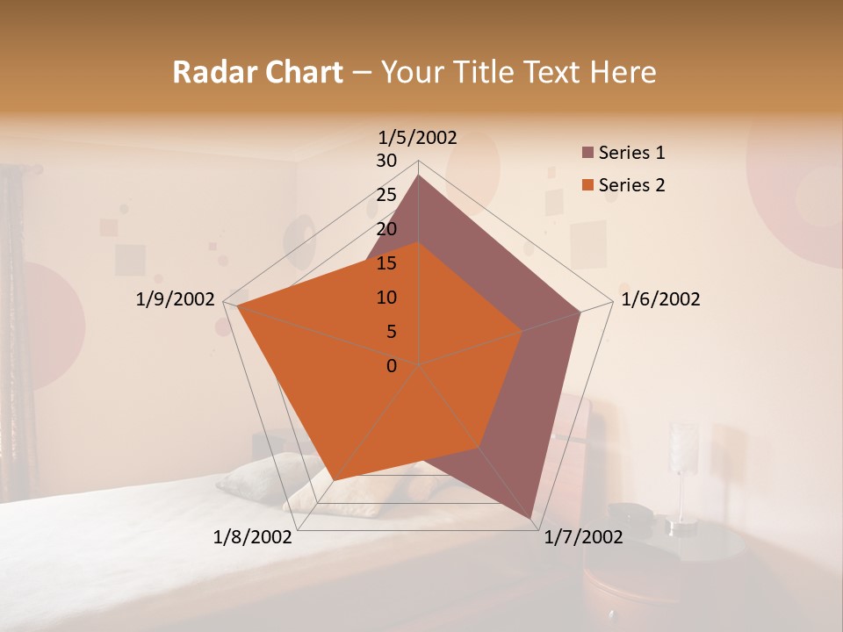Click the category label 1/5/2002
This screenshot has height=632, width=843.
[x=417, y=138]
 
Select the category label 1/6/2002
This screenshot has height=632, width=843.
[x=660, y=299]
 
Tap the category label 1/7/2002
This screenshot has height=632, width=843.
[x=583, y=537]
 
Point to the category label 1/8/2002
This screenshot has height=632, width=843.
[x=253, y=537]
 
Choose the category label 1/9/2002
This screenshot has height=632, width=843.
[x=176, y=299]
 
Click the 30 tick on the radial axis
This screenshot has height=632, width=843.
[x=386, y=161]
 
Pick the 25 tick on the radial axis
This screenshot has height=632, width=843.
[x=386, y=195]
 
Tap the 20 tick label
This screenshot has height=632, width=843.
[x=386, y=229]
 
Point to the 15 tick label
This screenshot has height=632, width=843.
[x=386, y=263]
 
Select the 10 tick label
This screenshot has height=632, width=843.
[x=386, y=298]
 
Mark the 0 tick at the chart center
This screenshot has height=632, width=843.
[x=392, y=366]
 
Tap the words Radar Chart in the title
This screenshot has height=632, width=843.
[x=257, y=73]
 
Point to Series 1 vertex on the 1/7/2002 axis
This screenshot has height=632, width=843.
[x=532, y=520]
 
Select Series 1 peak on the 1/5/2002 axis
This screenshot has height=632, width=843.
[x=418, y=176]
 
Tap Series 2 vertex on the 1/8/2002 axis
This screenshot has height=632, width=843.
[x=335, y=479]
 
